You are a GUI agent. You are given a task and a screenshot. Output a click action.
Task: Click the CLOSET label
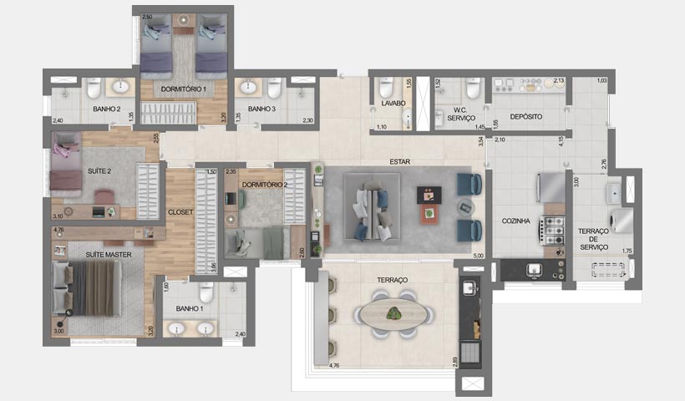(180, 212)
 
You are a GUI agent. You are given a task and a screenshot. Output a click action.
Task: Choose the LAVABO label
(389, 104)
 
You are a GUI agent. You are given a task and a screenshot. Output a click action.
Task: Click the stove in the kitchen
(554, 227)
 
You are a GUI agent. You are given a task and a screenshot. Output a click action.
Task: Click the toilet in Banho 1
(205, 292)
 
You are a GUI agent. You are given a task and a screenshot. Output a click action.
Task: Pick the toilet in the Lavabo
(386, 87)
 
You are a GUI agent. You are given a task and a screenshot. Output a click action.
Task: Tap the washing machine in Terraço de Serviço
(622, 219)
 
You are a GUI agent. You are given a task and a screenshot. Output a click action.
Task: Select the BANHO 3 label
(262, 109)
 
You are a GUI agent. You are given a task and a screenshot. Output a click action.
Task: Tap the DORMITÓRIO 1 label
(183, 88)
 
